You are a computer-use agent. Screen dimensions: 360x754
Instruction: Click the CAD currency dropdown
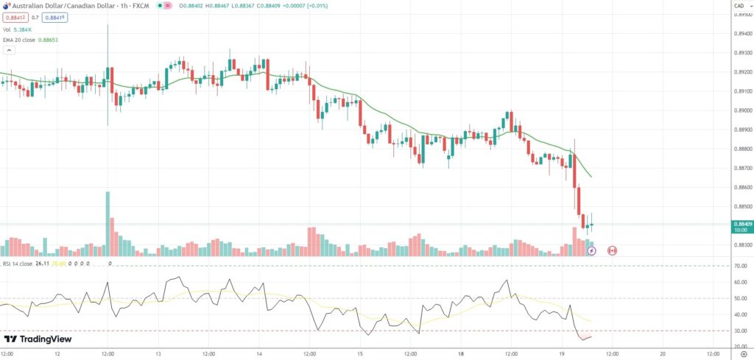pos(739,7)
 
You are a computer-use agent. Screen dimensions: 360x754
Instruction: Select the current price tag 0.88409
pos(741,224)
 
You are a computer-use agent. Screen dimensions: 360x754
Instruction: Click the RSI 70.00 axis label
pos(740,266)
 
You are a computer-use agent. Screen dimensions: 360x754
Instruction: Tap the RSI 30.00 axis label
pos(740,331)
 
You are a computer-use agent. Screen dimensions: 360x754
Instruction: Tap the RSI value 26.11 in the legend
pos(42,263)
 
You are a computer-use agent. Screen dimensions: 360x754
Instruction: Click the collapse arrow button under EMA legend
pos(10,51)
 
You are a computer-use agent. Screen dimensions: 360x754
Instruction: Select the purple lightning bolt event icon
pos(591,250)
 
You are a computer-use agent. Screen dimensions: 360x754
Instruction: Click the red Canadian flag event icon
pos(611,250)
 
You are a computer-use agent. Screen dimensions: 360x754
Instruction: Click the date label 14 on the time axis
pos(259,354)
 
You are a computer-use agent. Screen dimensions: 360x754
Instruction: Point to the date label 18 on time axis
pos(461,354)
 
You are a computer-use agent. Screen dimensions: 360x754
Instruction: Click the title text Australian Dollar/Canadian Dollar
pos(57,7)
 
